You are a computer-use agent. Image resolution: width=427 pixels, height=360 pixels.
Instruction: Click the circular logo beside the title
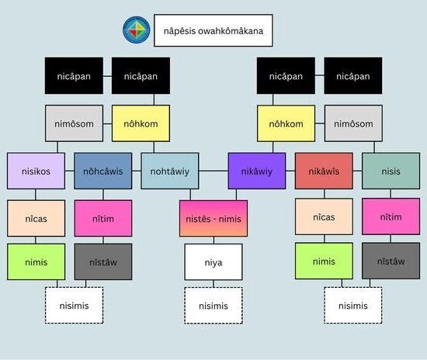tap(137, 30)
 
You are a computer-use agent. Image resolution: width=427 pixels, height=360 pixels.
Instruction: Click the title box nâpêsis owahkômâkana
tap(213, 30)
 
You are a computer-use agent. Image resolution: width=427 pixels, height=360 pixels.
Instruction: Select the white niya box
tap(213, 262)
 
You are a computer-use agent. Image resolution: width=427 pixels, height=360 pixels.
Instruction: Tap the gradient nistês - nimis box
tap(213, 219)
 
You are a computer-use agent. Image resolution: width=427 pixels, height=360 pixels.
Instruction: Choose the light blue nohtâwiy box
tap(170, 171)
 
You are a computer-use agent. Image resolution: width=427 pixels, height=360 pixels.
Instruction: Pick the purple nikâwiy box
tap(257, 171)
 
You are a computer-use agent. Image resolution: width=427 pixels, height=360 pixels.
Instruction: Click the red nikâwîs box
tap(324, 171)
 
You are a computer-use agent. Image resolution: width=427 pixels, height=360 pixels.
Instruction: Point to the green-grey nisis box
tap(391, 171)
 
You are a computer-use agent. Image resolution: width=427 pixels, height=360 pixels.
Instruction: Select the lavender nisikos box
tap(36, 171)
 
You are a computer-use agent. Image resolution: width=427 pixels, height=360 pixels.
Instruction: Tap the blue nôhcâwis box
tap(103, 171)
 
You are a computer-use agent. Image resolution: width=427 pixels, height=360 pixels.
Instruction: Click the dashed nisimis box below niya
tap(213, 306)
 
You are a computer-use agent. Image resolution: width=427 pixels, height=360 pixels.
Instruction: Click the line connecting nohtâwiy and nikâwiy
tap(213, 171)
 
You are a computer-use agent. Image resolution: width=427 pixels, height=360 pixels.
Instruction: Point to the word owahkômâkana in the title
tap(231, 31)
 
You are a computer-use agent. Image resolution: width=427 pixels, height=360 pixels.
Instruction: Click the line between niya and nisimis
tap(213, 284)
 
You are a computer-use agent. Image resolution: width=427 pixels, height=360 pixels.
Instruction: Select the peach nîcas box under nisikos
tap(36, 218)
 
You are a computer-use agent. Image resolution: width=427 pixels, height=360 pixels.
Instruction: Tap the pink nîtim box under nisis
tap(391, 216)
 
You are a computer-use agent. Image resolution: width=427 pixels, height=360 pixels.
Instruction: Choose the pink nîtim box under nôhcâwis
tap(103, 218)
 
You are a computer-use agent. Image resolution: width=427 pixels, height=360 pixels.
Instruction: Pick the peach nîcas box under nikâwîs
tap(324, 216)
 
